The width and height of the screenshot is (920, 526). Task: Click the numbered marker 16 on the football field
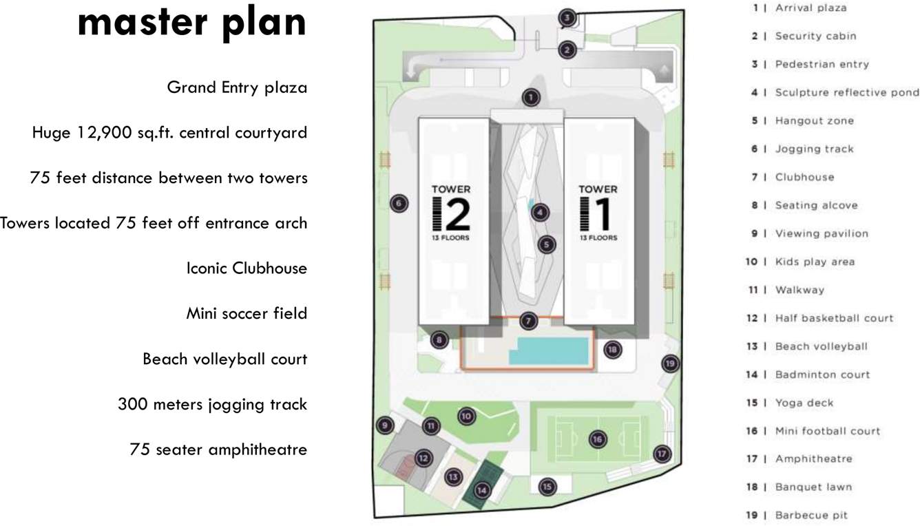coord(597,439)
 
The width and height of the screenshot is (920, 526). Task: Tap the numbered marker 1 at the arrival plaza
coord(530,98)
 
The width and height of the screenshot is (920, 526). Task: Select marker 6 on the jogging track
coord(398,203)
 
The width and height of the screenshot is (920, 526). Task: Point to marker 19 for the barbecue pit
coord(669,363)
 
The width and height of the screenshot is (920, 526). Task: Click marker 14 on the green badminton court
coord(482,490)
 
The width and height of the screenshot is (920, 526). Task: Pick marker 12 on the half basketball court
coord(423,457)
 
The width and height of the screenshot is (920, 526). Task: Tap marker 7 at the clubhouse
coord(528,320)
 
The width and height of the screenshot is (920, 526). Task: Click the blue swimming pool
coord(550,351)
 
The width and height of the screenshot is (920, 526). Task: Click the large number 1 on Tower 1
coord(604,214)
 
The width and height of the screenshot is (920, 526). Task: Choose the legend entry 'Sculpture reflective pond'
coord(846,92)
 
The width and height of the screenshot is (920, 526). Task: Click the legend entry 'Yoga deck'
coord(804,403)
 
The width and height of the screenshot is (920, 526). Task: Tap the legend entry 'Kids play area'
coord(815,262)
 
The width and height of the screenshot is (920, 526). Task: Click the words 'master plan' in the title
coord(191,22)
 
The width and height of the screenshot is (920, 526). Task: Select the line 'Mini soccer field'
coord(247,313)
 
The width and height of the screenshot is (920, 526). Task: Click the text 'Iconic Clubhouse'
coord(247,268)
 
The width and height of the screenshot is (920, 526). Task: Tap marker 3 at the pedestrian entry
coord(567,18)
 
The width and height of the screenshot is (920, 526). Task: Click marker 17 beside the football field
coord(662,454)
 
